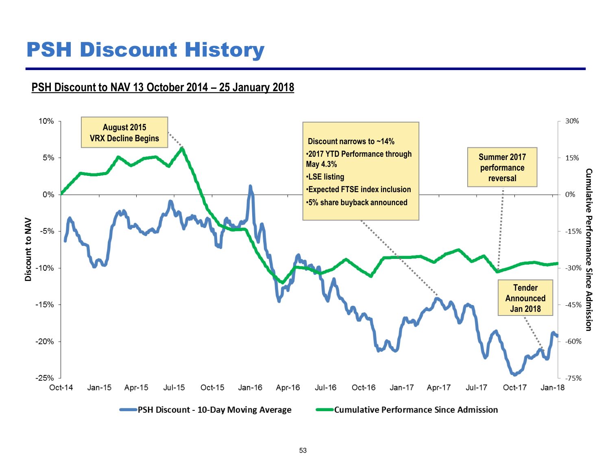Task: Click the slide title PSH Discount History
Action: click(145, 50)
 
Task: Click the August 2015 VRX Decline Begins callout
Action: click(124, 133)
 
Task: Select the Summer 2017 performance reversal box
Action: click(502, 167)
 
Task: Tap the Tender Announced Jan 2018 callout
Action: click(525, 298)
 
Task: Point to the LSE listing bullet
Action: click(326, 177)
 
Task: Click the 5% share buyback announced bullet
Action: click(357, 202)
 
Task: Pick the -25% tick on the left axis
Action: click(44, 378)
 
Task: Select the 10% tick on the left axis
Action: click(46, 121)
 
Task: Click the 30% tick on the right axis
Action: click(572, 121)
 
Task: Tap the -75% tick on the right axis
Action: click(573, 378)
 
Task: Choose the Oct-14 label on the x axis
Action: click(61, 388)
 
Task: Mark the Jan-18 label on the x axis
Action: click(552, 388)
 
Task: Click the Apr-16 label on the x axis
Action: click(288, 388)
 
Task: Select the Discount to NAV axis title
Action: click(28, 249)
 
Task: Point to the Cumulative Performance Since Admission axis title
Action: click(588, 249)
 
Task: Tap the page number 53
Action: click(303, 450)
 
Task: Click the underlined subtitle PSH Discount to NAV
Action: click(163, 88)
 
